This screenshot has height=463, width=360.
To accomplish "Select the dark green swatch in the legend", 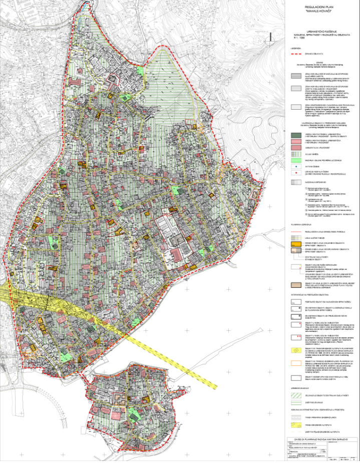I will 297,136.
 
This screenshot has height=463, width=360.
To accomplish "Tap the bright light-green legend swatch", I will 297,159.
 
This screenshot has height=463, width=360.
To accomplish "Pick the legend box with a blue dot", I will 297,166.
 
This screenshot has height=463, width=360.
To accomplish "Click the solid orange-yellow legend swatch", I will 297,242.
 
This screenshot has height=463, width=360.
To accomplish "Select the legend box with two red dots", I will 297,173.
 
